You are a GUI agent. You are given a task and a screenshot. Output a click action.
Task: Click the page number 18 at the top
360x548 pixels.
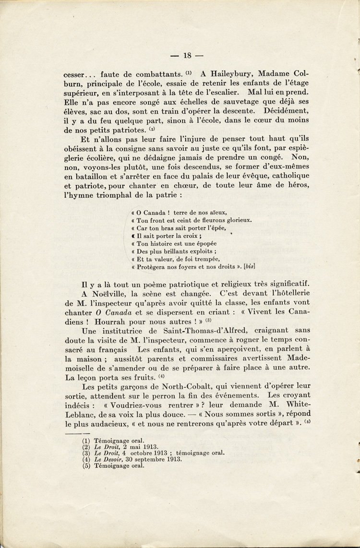187,56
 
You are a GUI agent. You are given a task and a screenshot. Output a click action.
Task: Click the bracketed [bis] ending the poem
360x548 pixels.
250,266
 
